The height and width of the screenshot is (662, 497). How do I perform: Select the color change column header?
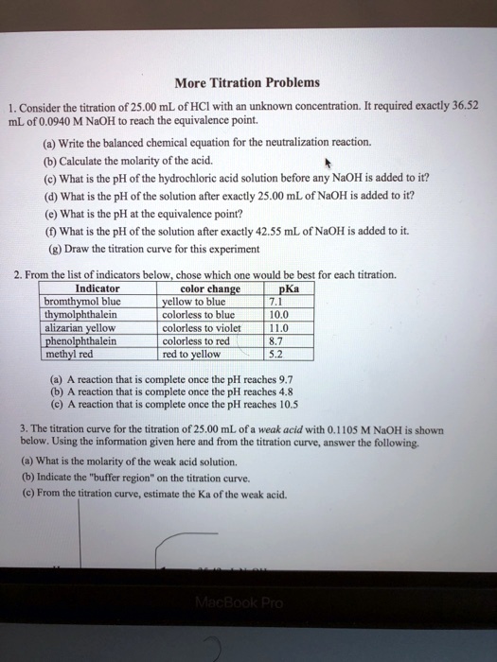pos(210,288)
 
